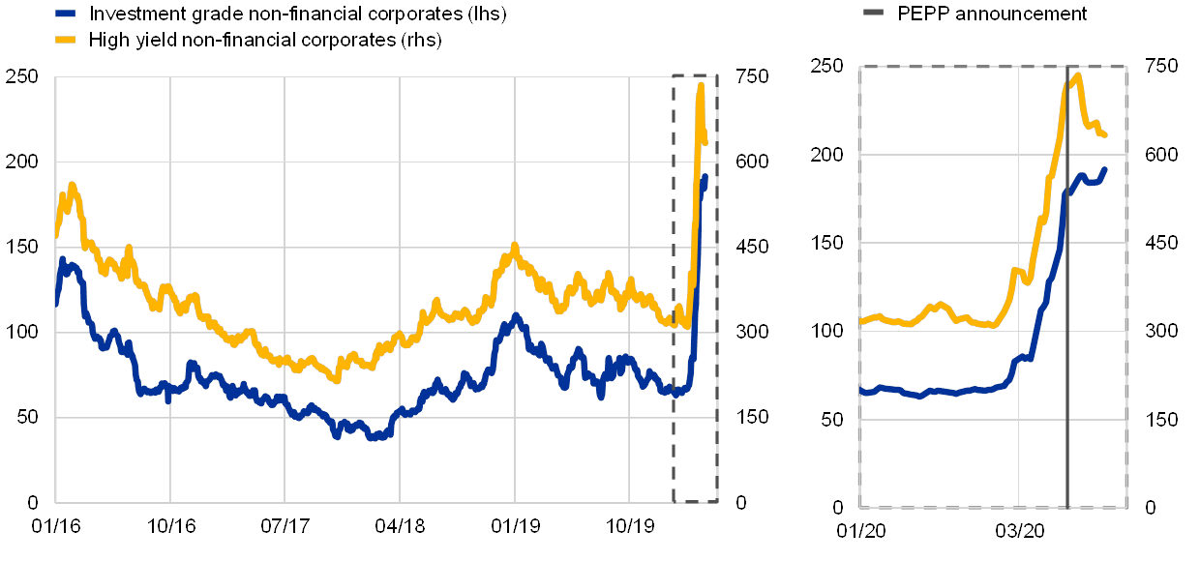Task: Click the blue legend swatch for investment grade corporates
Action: (66, 15)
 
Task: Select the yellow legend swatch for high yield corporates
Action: (66, 41)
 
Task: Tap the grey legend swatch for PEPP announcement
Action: (874, 13)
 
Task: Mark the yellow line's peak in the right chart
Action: (1076, 74)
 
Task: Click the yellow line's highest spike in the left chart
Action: (702, 86)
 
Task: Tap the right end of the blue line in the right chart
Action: (1105, 169)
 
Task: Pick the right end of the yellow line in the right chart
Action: (1105, 134)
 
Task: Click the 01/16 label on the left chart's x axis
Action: (56, 525)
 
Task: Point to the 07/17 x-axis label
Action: (285, 525)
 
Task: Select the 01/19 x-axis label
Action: (515, 525)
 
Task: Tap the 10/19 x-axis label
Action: (630, 525)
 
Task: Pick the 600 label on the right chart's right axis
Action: (1161, 154)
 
